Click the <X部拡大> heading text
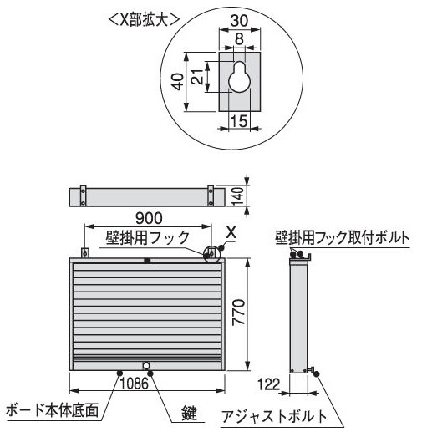pos(143,20)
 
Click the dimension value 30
pos(240,21)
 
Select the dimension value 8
pos(239,38)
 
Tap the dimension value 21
pos(198,76)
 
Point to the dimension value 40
pos(177,81)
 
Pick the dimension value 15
pos(239,121)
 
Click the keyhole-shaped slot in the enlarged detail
pos(239,77)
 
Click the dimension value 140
pos(237,196)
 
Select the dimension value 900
pos(149,218)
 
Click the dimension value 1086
pos(134,384)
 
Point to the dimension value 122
pos(268,384)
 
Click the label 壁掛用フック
pos(148,238)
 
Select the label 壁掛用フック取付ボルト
pos(343,238)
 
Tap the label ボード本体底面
pos(52,410)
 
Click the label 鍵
pos(190,413)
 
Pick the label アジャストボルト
pos(274,416)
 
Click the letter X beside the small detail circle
pos(231,233)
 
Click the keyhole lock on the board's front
pos(146,365)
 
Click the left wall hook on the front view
pos(84,253)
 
